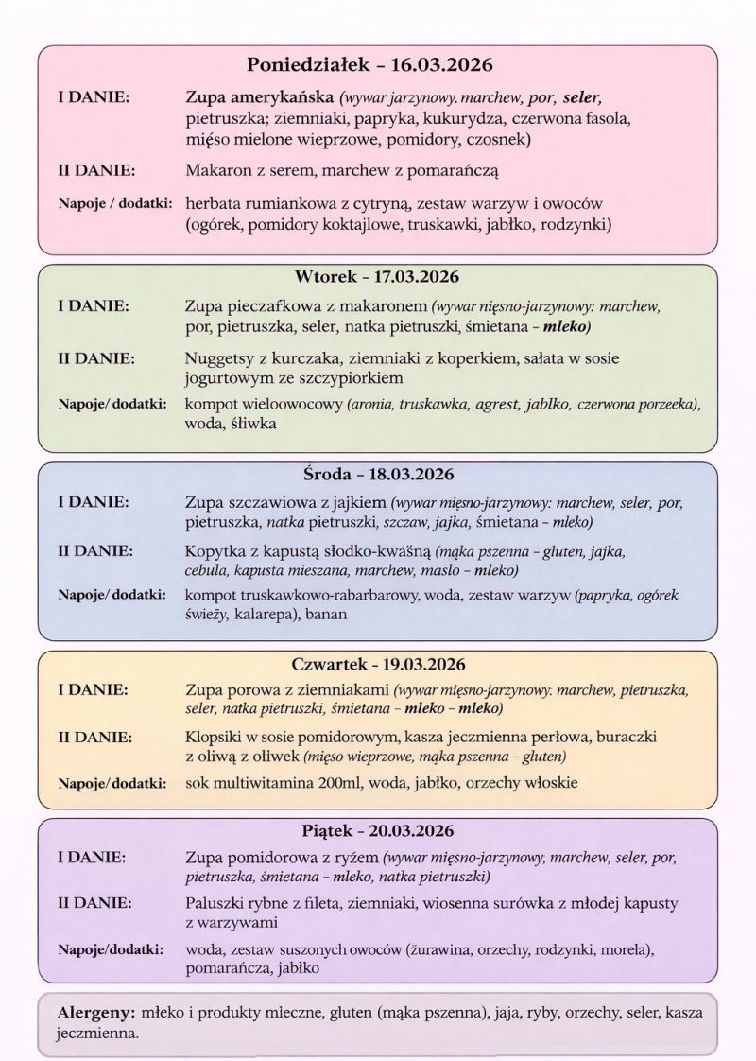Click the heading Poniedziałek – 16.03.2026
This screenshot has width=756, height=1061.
click(x=370, y=65)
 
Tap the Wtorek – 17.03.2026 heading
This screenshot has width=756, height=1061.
click(x=377, y=277)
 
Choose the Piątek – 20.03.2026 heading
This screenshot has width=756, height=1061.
click(x=377, y=831)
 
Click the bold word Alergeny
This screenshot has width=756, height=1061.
click(x=95, y=1011)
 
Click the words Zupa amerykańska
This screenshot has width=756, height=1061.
click(x=261, y=97)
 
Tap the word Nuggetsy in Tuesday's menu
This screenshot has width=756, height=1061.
click(x=219, y=358)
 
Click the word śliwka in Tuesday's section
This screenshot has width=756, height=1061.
click(x=253, y=425)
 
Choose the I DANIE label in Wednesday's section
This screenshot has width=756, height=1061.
click(x=94, y=502)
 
